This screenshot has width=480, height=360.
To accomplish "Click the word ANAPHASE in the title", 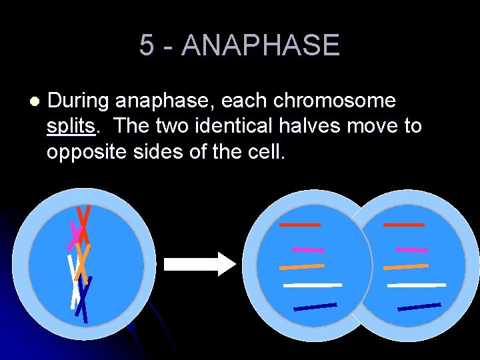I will (x=260, y=45).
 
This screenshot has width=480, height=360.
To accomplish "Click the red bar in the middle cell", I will (x=300, y=225).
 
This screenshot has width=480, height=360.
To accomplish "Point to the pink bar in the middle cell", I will (x=308, y=250).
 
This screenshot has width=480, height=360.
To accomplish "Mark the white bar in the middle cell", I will (x=312, y=285).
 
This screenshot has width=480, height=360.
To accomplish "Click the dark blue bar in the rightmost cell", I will (x=419, y=307).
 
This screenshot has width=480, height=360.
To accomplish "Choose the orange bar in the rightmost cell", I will (x=406, y=267).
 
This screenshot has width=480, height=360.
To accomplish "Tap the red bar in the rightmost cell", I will (x=404, y=225).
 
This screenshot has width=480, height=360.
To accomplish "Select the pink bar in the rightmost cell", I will (x=412, y=250).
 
